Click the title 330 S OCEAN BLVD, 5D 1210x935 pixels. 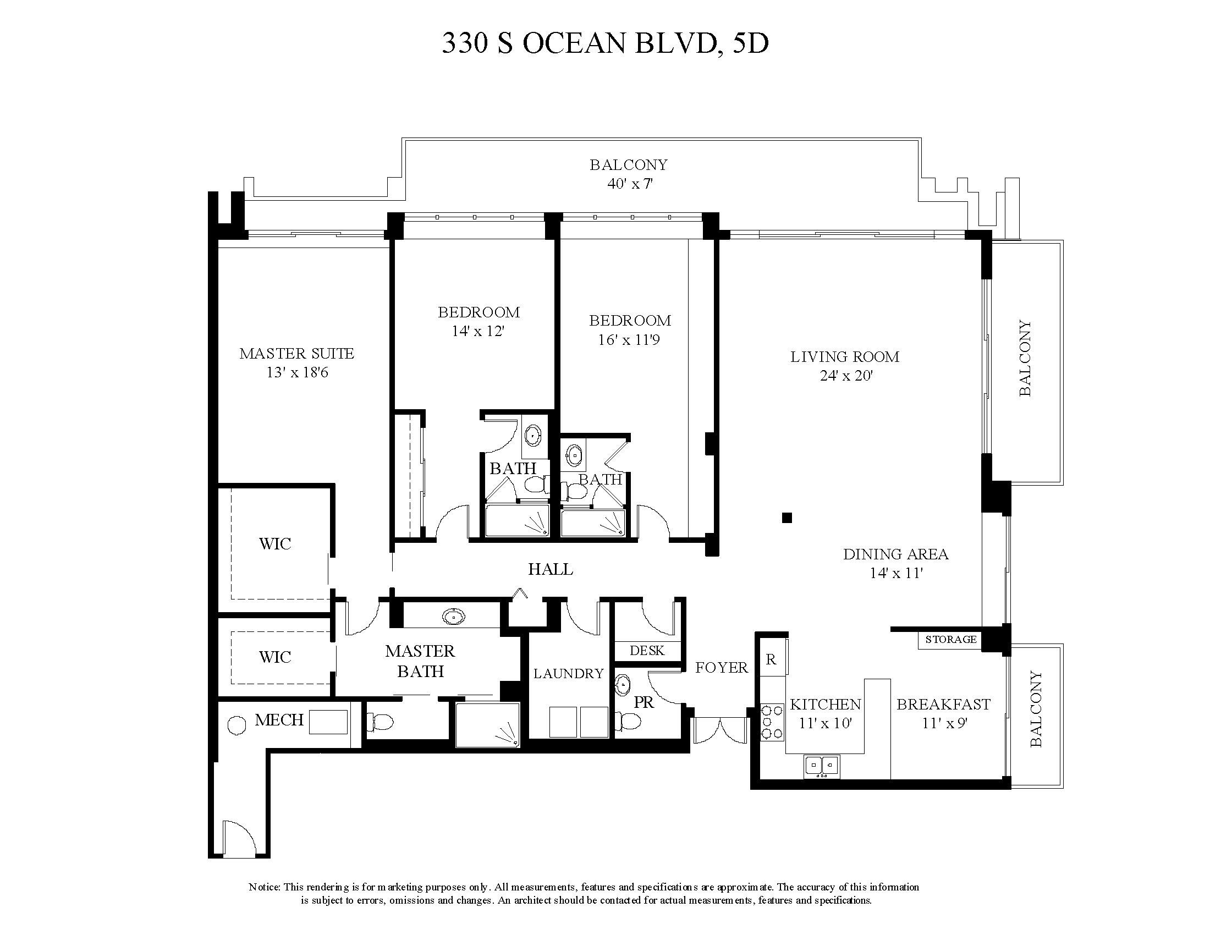point(605,43)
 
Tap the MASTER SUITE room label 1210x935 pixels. point(296,354)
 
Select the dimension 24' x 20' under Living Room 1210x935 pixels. point(846,376)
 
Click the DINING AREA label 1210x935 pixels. point(895,554)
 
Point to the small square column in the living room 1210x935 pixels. point(787,518)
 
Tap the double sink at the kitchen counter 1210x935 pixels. point(822,766)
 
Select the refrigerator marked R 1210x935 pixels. point(771,659)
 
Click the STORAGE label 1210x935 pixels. point(951,639)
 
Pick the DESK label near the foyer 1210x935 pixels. point(647,650)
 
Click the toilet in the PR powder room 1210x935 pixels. point(628,721)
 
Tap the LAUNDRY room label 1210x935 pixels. point(568,674)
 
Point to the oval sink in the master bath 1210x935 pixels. point(453,616)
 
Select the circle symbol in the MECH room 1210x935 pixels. point(237,725)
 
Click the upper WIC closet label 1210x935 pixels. point(275,543)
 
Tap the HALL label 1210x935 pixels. point(550,569)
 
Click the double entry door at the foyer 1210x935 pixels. point(720,730)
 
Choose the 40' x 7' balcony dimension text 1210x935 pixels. point(630,183)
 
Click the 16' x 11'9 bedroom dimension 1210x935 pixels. point(629,339)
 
